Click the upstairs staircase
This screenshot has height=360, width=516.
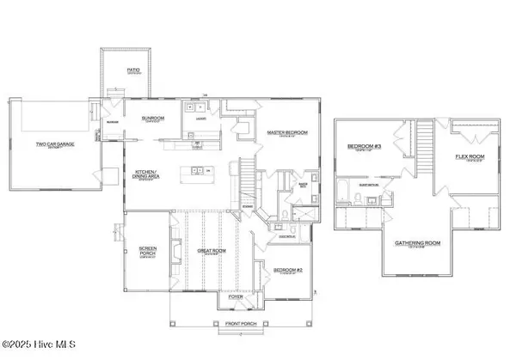(x=422, y=146)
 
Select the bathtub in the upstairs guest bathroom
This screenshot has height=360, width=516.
(x=343, y=190)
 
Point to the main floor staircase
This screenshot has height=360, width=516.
(x=246, y=182)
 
